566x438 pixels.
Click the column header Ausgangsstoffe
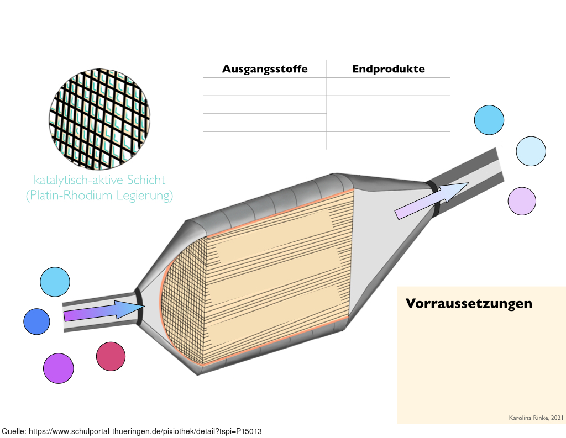[x=265, y=69]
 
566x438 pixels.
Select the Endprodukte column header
[x=389, y=69]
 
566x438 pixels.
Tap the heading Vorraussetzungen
[x=469, y=303]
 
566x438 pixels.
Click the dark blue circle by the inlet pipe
[x=37, y=321]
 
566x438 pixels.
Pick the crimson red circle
[x=111, y=356]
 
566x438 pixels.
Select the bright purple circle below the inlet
[x=59, y=368]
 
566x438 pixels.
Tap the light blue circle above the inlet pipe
[x=55, y=282]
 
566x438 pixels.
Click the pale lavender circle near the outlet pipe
[x=522, y=201]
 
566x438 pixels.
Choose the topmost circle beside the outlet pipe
[x=489, y=120]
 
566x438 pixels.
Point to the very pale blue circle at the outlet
[x=531, y=151]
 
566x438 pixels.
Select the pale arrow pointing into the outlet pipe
[x=432, y=200]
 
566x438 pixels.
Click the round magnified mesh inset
[x=99, y=119]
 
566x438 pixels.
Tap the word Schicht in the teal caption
[x=146, y=180]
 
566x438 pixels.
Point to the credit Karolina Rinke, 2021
[x=536, y=418]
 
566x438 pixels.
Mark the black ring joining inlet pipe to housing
[x=139, y=307]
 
